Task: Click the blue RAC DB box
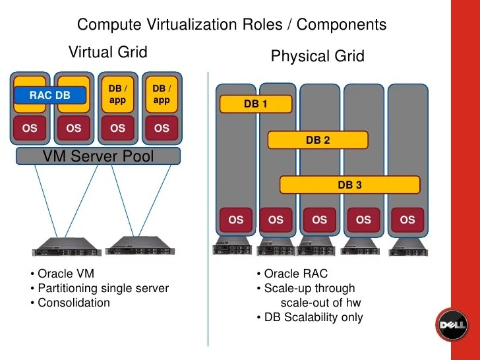pos(49,96)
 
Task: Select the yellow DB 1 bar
pos(255,104)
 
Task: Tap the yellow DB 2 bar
pos(317,140)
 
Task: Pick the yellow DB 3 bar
pos(349,185)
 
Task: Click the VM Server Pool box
pos(98,156)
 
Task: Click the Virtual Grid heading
pos(107,52)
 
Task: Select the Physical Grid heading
pos(317,57)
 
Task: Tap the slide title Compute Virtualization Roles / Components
pos(231,25)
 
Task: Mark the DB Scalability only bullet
pos(309,317)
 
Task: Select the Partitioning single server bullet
pos(100,288)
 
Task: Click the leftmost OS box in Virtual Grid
pos(30,129)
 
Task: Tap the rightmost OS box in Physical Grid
pos(407,220)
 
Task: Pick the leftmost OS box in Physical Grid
pos(235,220)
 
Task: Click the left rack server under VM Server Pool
pos(67,245)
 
